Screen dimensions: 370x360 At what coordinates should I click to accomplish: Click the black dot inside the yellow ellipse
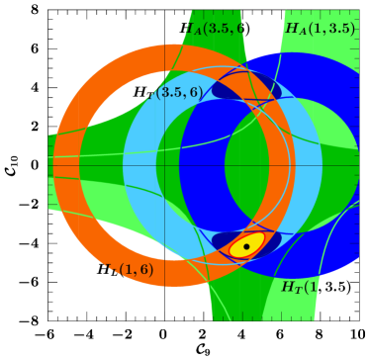246,246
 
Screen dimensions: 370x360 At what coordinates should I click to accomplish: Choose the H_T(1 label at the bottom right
299,287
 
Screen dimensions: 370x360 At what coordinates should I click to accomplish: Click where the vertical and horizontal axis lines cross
165,165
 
